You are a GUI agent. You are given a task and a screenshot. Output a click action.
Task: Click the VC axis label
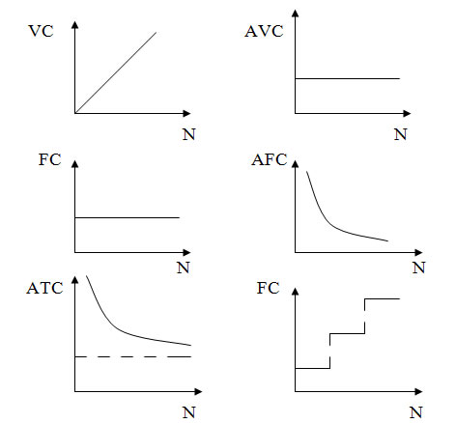tap(42, 31)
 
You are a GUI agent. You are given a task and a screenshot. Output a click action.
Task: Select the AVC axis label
tap(264, 31)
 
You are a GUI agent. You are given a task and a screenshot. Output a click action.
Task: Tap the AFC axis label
tap(270, 159)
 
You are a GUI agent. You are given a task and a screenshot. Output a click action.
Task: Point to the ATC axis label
tap(44, 288)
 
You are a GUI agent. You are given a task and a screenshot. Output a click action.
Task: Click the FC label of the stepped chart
tap(268, 288)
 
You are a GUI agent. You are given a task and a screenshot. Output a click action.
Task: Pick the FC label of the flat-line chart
tap(50, 159)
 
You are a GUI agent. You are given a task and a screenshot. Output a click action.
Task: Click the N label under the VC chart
tap(189, 134)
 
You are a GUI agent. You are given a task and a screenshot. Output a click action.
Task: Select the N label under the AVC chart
tap(401, 134)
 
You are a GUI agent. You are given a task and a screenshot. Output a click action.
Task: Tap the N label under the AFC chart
tap(419, 268)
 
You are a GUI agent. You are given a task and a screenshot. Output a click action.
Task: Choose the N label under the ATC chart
tap(189, 412)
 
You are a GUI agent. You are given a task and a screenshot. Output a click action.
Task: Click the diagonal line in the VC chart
tap(116, 72)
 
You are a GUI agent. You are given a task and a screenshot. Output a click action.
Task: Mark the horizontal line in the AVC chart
tap(348, 78)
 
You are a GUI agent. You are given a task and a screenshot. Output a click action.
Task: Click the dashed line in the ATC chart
tap(133, 356)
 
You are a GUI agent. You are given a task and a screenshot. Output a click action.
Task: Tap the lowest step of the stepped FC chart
tap(313, 368)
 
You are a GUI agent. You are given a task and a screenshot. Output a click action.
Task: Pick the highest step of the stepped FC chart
tap(383, 298)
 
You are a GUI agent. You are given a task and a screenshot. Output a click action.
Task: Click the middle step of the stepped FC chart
tap(348, 333)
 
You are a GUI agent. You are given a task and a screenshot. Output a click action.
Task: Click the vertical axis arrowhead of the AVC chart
tap(296, 14)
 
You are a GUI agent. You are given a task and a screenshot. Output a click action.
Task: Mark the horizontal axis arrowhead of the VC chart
tap(186, 113)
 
